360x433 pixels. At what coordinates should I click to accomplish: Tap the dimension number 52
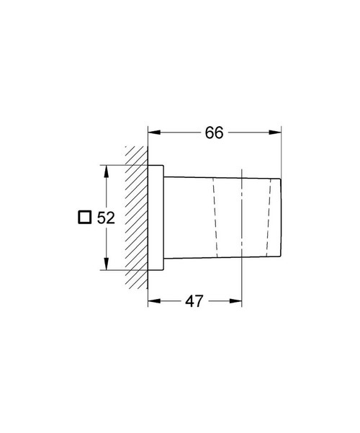pos(106,217)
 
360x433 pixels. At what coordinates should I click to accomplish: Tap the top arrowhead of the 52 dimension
pos(107,171)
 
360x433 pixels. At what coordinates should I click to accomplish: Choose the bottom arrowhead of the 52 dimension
pos(107,265)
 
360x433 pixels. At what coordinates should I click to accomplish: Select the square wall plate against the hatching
pos(156,218)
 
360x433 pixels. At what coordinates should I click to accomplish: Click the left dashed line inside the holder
pos(215,217)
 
